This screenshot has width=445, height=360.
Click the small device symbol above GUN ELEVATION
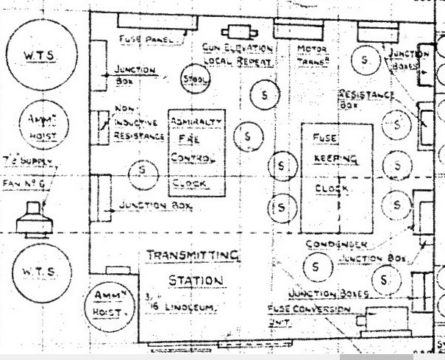[x=238, y=32]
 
